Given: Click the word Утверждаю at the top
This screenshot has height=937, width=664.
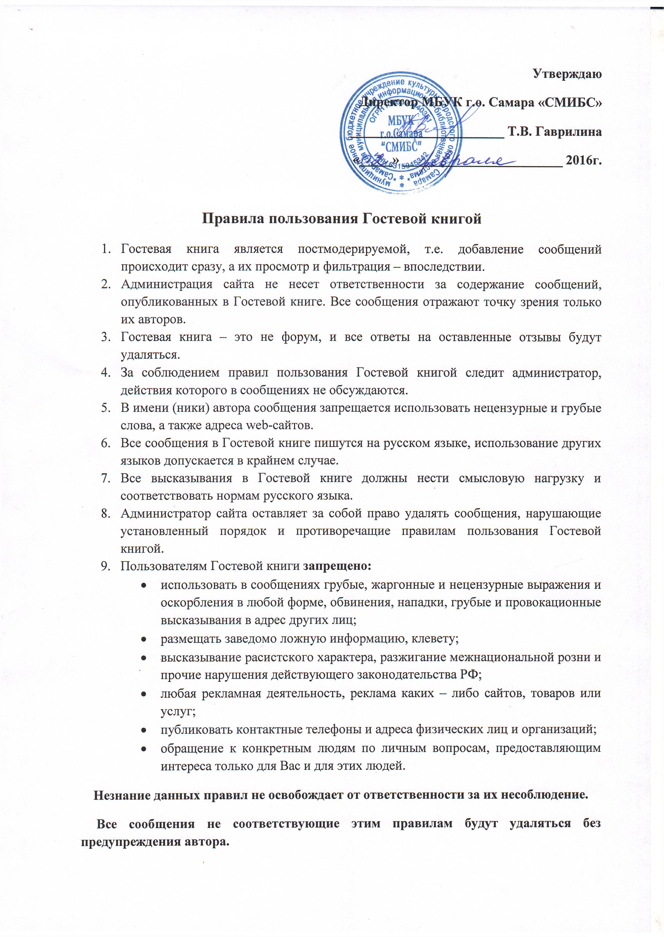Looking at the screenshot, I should click(567, 74).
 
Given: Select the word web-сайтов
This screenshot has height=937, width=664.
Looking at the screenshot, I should click(279, 425).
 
